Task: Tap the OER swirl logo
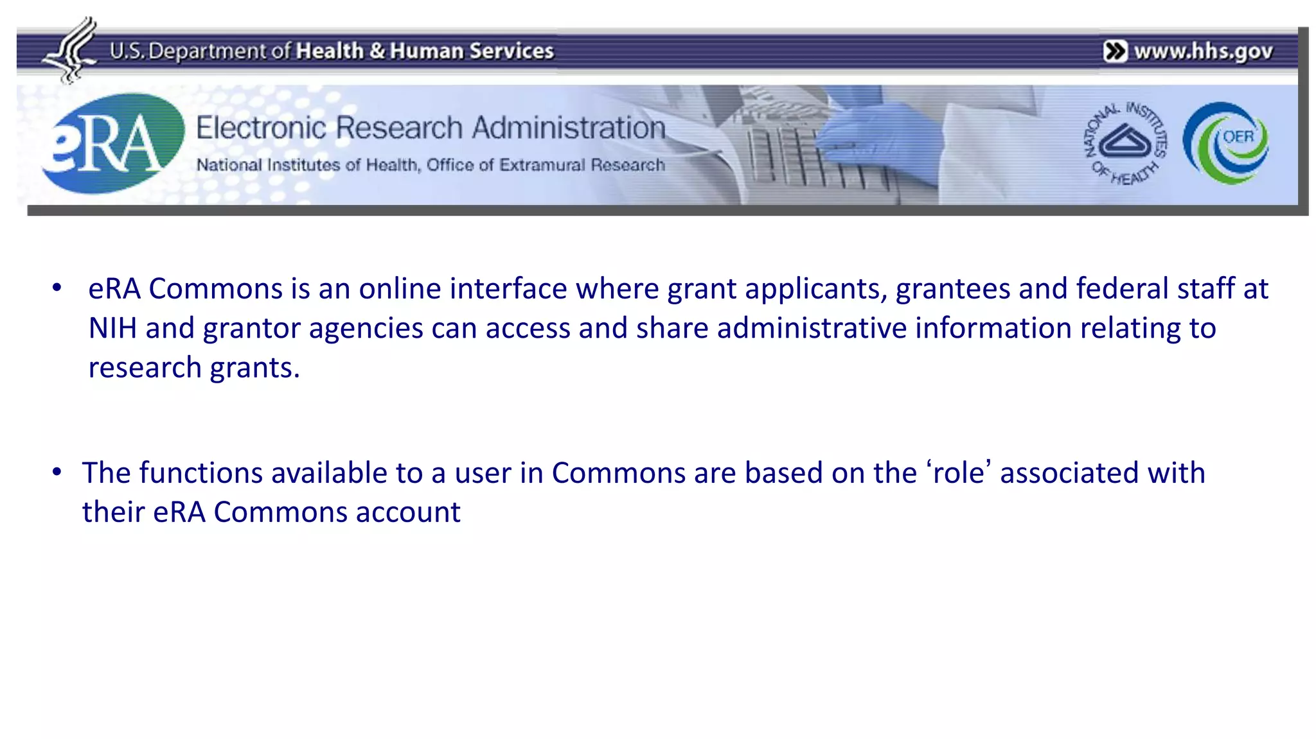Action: [1226, 143]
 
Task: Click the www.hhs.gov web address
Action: [1203, 51]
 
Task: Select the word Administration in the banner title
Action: [569, 128]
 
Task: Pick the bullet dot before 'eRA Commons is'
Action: [57, 288]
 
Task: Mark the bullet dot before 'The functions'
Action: [57, 472]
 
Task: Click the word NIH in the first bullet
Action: [112, 328]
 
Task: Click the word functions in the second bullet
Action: [201, 473]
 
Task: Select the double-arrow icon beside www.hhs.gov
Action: [1115, 51]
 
